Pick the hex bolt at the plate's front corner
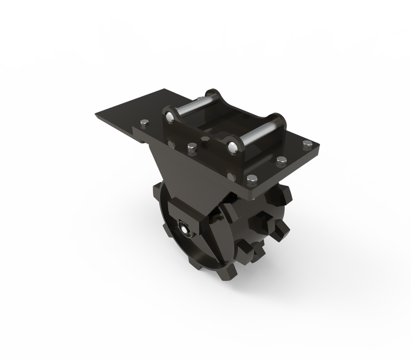(252, 179)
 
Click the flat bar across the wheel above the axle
(200, 219)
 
